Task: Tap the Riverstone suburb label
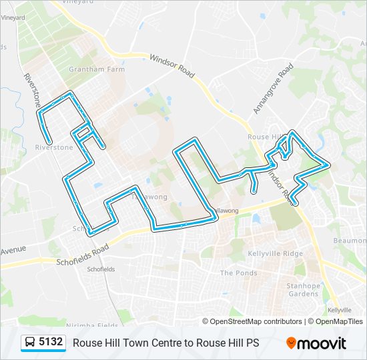(x=54, y=147)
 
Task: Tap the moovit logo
(x=316, y=343)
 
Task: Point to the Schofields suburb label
(x=100, y=269)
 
